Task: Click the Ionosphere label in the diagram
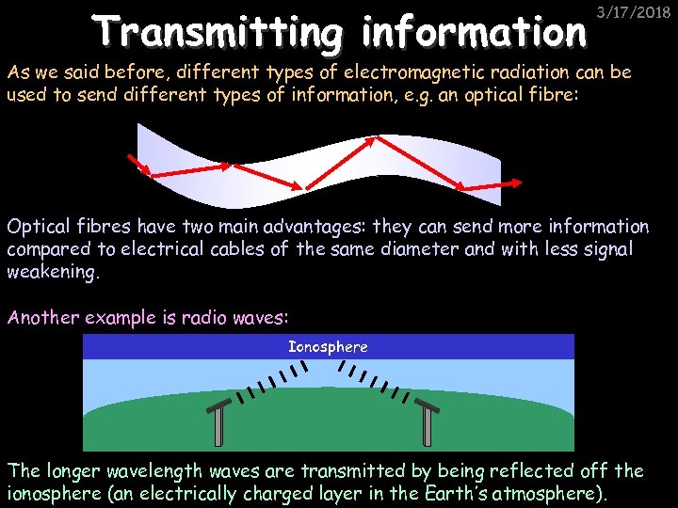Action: tap(328, 347)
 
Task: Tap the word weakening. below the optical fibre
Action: tap(52, 271)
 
